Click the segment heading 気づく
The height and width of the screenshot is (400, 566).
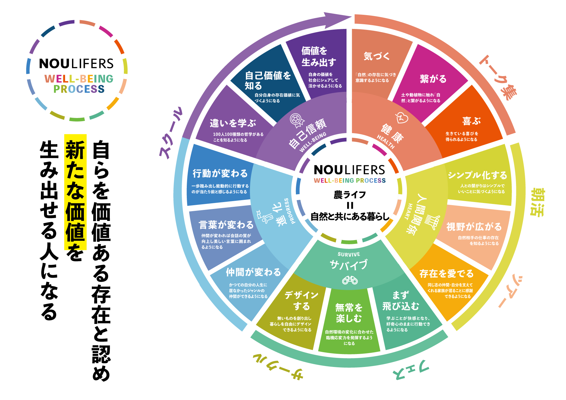pos(377,56)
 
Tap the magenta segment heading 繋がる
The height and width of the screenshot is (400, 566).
pos(433,79)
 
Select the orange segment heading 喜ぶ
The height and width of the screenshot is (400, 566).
pos(471,121)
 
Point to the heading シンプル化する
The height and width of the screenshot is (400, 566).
pos(477,175)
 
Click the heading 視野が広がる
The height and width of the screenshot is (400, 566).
pos(474,227)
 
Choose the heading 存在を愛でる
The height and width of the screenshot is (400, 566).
pos(447,273)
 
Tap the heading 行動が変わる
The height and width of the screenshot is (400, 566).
pos(220,173)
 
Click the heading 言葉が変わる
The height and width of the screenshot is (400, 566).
pos(226,225)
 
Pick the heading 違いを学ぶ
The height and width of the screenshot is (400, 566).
pos(233,123)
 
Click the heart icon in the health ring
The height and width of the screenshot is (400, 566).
pos(402,118)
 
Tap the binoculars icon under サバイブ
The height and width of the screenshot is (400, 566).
pos(350,280)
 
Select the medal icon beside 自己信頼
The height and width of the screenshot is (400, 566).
pos(297,120)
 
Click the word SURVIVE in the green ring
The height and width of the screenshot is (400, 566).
pos(349,254)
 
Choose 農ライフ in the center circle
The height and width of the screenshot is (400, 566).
pos(350,195)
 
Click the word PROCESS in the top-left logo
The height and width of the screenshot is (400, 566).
pos(79,89)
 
